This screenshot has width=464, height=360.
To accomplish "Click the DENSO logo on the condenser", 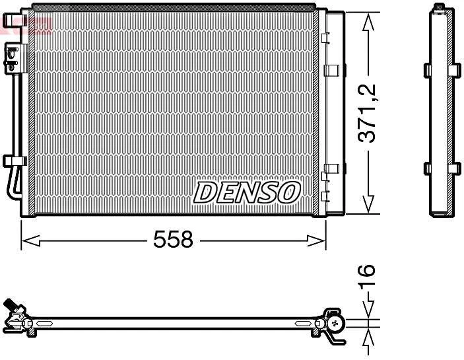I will tap(247, 192).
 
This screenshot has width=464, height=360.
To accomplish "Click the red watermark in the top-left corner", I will tap(26, 25).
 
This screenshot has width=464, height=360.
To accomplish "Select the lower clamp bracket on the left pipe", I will tap(14, 161).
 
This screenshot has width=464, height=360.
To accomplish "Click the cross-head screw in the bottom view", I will tap(337, 323).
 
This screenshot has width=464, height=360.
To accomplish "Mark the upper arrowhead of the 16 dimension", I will tap(368, 311).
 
